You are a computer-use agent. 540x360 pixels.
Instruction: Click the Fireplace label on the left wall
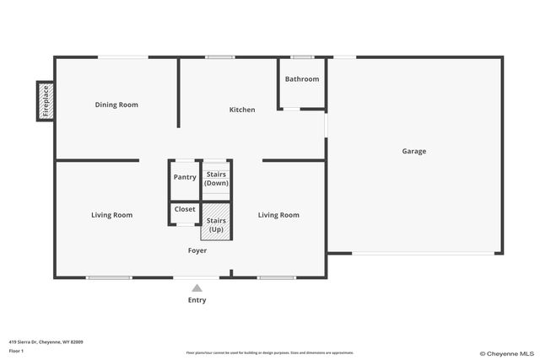[46, 100]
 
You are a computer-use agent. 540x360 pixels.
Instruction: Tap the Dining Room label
[116, 105]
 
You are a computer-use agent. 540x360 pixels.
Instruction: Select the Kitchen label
[242, 110]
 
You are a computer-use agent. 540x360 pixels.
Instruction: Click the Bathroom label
[302, 79]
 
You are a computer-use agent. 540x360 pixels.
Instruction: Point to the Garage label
[413, 152]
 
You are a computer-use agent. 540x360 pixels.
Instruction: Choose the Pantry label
[185, 177]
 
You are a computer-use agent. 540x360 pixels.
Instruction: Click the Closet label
[185, 209]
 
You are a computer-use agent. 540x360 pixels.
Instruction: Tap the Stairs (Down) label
[217, 178]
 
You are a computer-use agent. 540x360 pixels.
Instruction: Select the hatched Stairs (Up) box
[217, 224]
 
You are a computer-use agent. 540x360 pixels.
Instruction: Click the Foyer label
[197, 250]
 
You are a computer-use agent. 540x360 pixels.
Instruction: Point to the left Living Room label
[112, 215]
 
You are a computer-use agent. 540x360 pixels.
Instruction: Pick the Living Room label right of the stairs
[278, 215]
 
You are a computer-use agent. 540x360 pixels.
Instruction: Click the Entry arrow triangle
[197, 288]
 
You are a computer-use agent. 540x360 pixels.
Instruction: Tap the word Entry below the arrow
[197, 300]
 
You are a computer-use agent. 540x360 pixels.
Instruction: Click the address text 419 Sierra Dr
[46, 341]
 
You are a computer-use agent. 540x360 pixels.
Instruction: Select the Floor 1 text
[15, 350]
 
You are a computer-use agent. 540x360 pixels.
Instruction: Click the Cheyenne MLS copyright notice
[506, 353]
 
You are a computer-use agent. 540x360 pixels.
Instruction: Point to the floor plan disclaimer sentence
[270, 352]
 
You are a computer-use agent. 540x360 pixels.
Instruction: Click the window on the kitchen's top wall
[220, 57]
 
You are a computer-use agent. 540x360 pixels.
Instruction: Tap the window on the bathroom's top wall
[302, 57]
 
